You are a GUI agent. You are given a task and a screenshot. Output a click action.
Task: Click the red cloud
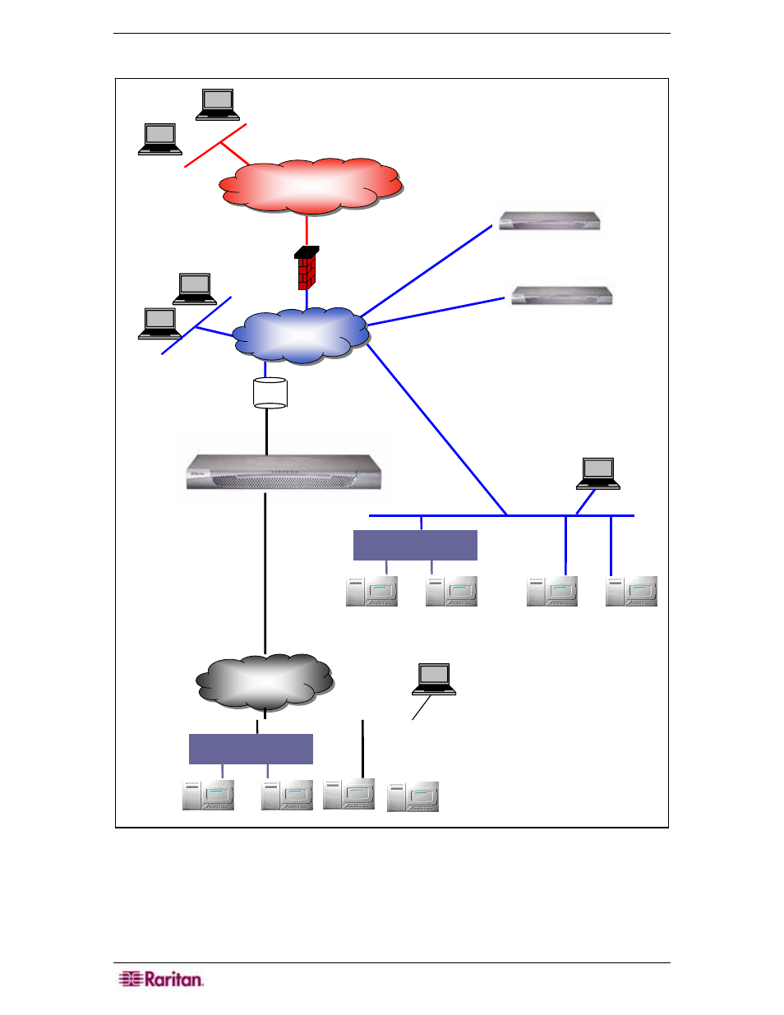click(x=311, y=187)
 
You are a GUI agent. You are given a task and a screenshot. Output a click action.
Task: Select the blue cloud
click(x=301, y=335)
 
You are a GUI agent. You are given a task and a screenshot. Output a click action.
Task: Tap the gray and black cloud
click(x=265, y=681)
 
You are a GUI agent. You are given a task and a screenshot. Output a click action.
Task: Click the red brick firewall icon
click(x=307, y=268)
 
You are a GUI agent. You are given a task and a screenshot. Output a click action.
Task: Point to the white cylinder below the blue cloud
click(x=270, y=393)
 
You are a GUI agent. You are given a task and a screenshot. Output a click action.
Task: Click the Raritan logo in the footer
click(x=161, y=979)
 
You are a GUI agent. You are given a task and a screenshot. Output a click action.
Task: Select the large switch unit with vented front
click(x=284, y=472)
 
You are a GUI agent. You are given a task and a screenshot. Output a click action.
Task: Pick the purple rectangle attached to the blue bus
click(x=415, y=545)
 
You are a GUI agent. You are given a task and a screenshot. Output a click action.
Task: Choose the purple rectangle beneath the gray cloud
click(x=251, y=749)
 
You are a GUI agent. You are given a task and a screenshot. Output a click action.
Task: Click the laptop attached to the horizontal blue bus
click(x=598, y=473)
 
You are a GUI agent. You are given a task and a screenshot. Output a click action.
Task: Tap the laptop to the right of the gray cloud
click(x=434, y=679)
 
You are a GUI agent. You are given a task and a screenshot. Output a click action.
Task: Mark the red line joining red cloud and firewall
click(x=307, y=231)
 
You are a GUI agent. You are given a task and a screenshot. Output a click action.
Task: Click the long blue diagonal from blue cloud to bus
click(x=436, y=430)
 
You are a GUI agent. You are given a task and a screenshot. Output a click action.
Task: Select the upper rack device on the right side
click(x=550, y=220)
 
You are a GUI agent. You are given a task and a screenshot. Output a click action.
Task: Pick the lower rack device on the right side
click(x=562, y=296)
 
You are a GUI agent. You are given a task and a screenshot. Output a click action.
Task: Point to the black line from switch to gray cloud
click(x=265, y=574)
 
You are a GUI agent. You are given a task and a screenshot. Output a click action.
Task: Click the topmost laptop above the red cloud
click(x=218, y=104)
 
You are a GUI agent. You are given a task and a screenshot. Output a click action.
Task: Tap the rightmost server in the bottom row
click(x=413, y=797)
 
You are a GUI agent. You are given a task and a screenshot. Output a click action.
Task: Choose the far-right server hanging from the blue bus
click(x=631, y=592)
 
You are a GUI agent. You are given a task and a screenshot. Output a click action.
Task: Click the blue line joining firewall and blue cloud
click(x=307, y=299)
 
